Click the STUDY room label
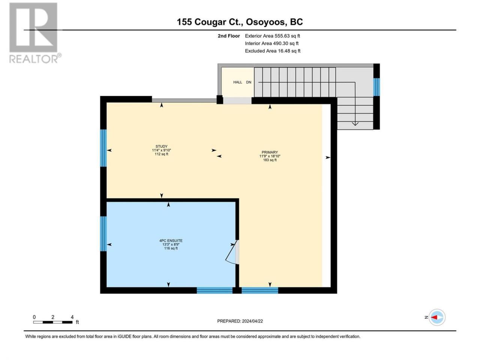point(161,146)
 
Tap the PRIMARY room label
point(270,152)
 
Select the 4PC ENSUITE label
point(171,240)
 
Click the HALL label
point(237,82)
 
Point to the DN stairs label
point(249,82)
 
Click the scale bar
point(53,322)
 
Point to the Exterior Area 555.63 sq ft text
point(273,36)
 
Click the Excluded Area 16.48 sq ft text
point(273,51)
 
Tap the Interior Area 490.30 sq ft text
point(271,43)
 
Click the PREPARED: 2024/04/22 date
point(240,321)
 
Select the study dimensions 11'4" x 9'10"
point(161,150)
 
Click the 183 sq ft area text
point(270,160)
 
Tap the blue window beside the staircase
point(376,87)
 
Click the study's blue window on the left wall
point(103,148)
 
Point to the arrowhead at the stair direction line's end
point(355,124)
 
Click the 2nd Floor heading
point(229,36)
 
